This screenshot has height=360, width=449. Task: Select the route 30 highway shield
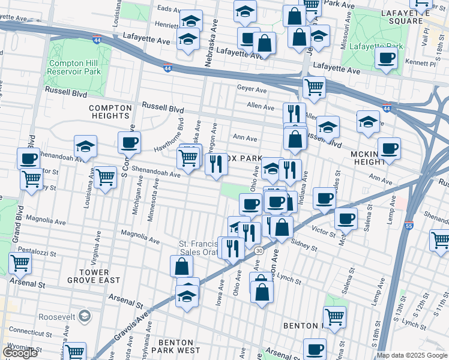(258, 250)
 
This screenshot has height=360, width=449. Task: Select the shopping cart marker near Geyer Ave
(314, 88)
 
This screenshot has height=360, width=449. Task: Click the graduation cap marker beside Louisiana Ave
(85, 147)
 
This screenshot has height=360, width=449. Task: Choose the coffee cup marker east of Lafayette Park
(385, 59)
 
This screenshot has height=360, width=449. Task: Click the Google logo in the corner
(20, 353)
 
